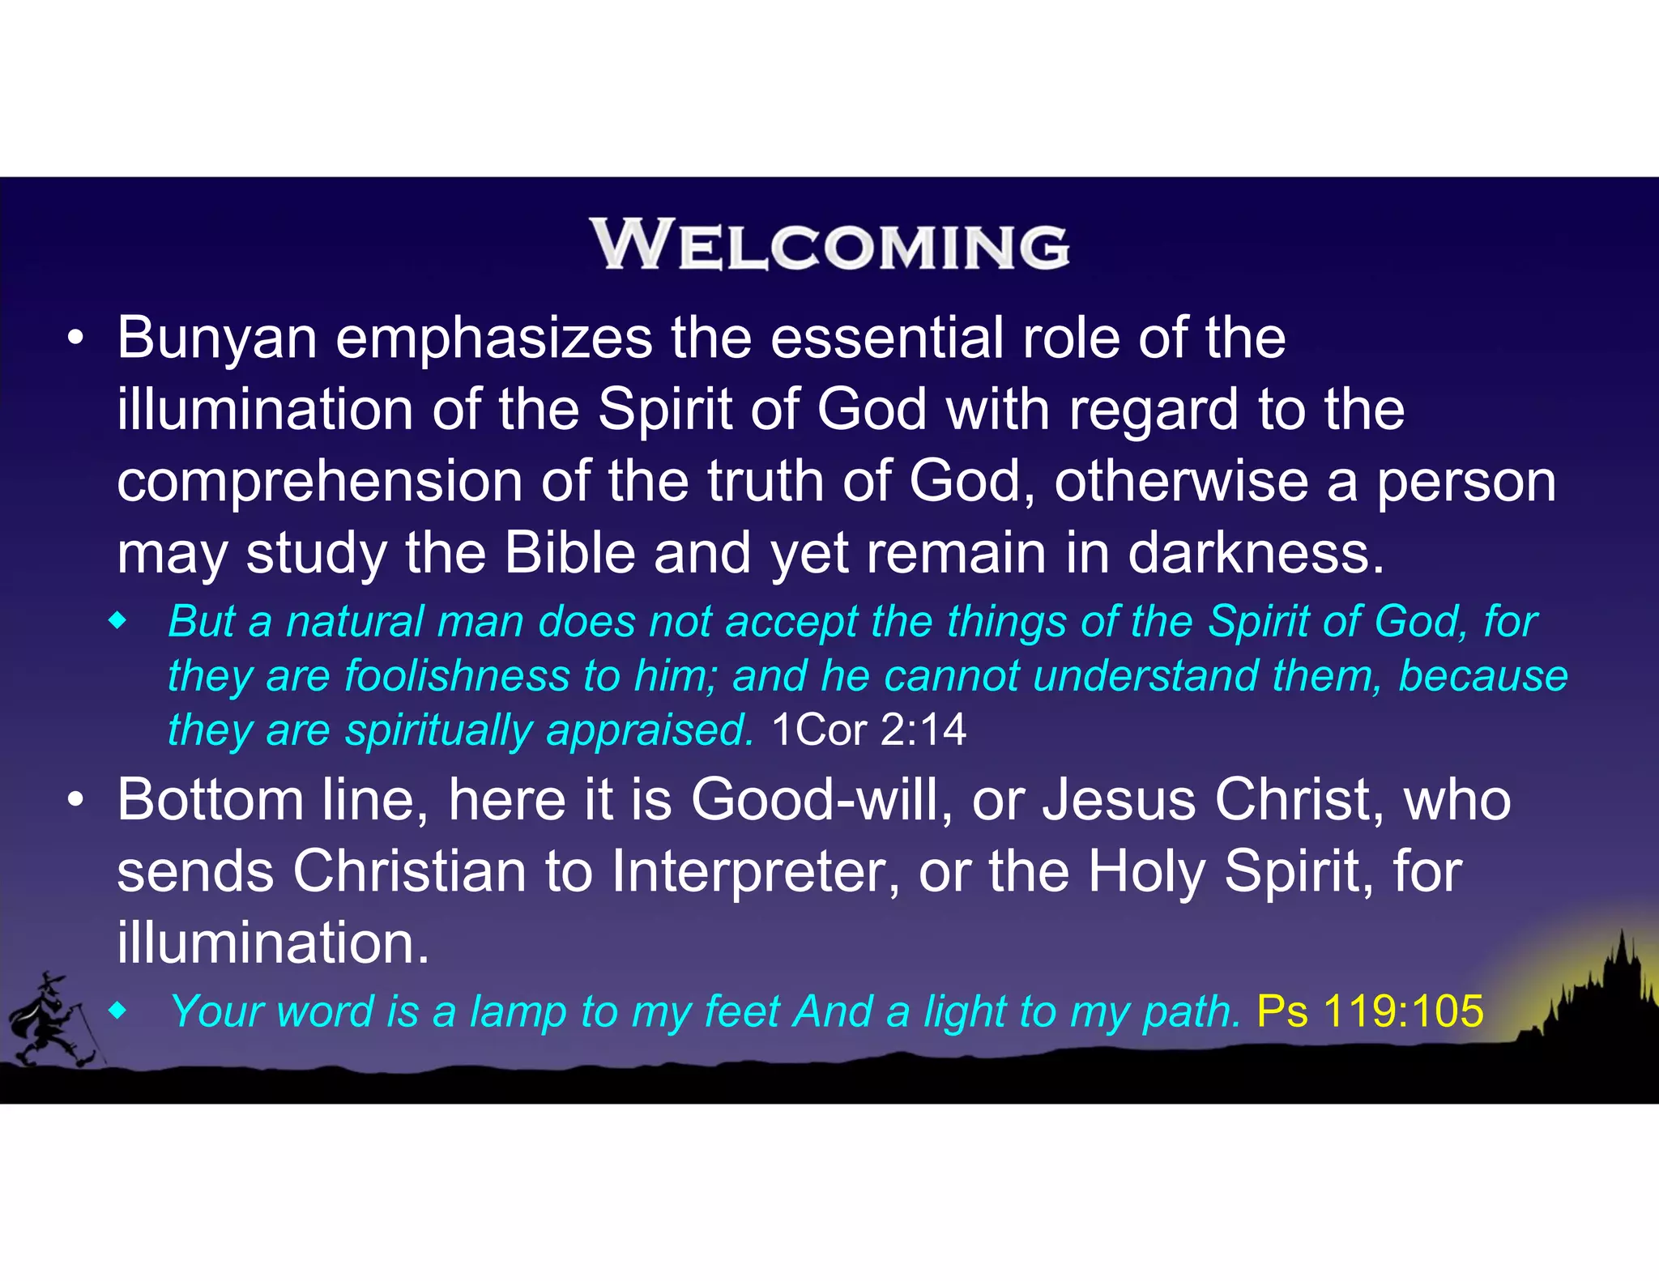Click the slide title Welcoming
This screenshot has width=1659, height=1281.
pos(829,245)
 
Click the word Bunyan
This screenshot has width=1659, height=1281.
pos(216,338)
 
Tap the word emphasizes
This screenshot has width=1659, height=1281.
pos(493,338)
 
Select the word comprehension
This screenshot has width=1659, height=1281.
pos(319,483)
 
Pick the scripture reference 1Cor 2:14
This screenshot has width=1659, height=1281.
pos(868,730)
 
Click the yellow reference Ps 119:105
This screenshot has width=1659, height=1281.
pos(1370,1011)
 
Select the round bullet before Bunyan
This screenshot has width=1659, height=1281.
pos(75,339)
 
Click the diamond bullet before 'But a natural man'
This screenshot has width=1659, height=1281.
pos(118,622)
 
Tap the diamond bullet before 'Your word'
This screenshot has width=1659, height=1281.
pos(118,1011)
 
